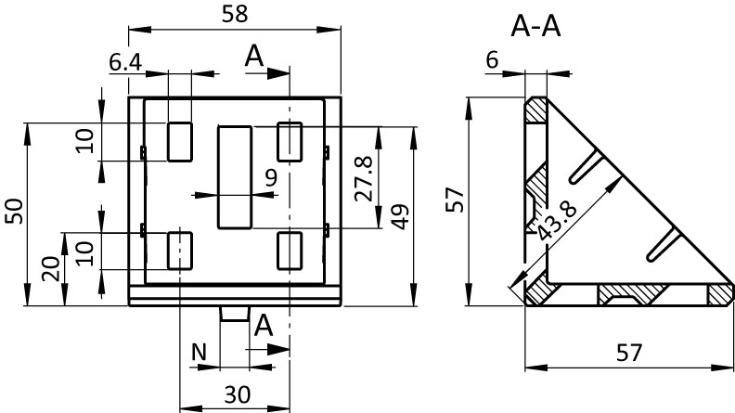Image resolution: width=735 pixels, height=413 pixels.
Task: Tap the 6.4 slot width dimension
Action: pos(125,63)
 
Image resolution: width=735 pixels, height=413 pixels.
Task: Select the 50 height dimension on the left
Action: pos(14,213)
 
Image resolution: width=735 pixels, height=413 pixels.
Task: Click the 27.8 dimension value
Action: pos(364,179)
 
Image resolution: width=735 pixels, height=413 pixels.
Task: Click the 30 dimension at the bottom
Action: pos(237,394)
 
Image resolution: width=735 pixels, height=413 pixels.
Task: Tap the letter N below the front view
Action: pos(198,352)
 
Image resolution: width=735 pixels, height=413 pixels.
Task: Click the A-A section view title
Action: pos(535,27)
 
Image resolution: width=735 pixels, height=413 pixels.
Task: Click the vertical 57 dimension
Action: pos(454,200)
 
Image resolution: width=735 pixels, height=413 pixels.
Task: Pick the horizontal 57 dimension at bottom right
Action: pos(628,354)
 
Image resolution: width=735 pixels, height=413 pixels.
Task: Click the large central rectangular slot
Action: pos(236,178)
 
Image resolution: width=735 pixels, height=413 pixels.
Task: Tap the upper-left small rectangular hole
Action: pos(179,140)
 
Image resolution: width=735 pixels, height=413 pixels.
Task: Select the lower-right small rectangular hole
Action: pos(290,251)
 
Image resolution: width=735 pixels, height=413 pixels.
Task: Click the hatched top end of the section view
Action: pos(535,110)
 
